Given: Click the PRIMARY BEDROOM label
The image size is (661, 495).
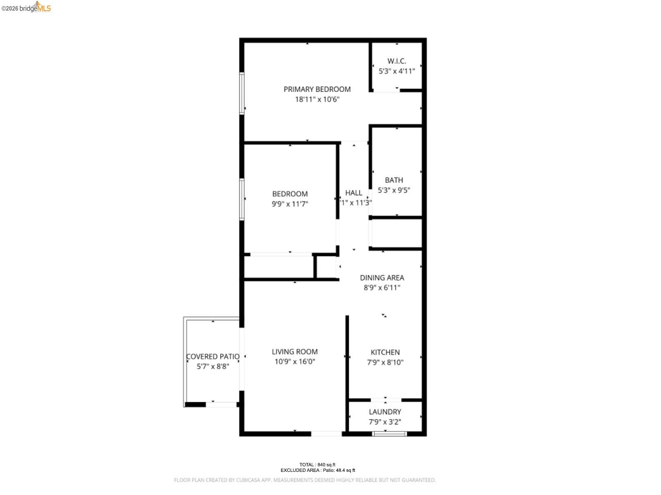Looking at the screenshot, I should click(x=317, y=89).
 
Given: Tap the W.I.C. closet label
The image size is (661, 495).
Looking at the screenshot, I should click(x=397, y=61).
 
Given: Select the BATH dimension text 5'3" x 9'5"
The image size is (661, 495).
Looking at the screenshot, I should click(x=394, y=190).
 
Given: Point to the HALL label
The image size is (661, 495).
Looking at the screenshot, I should click(x=354, y=193).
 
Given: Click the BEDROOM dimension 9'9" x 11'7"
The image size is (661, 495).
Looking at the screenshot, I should click(x=290, y=204).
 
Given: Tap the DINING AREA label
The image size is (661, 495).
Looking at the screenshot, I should click(x=382, y=278).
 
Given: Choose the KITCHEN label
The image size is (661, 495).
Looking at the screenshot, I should click(x=385, y=352).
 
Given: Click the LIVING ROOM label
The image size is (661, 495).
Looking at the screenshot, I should click(x=295, y=351).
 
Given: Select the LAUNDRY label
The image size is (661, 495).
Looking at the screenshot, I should click(x=385, y=412).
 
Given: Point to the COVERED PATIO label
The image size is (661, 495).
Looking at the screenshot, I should click(x=213, y=356).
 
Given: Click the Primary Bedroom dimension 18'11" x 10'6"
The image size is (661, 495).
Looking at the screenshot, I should click(x=317, y=99).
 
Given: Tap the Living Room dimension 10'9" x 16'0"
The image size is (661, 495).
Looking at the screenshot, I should click(x=295, y=362).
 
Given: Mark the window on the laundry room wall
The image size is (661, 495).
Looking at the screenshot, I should click(x=390, y=434).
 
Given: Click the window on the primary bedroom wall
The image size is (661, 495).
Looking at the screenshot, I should click(x=242, y=93).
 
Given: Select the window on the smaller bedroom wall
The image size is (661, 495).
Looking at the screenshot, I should click(x=242, y=199).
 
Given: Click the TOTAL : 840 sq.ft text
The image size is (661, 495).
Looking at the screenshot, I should click(x=317, y=465).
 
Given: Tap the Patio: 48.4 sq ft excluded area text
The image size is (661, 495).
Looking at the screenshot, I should click(x=339, y=470).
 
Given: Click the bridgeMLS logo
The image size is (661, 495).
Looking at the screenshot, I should click(x=26, y=7).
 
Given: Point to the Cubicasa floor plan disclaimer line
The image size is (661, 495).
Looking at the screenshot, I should click(x=304, y=480).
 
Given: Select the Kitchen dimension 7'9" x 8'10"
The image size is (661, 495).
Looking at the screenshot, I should click(x=385, y=363).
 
